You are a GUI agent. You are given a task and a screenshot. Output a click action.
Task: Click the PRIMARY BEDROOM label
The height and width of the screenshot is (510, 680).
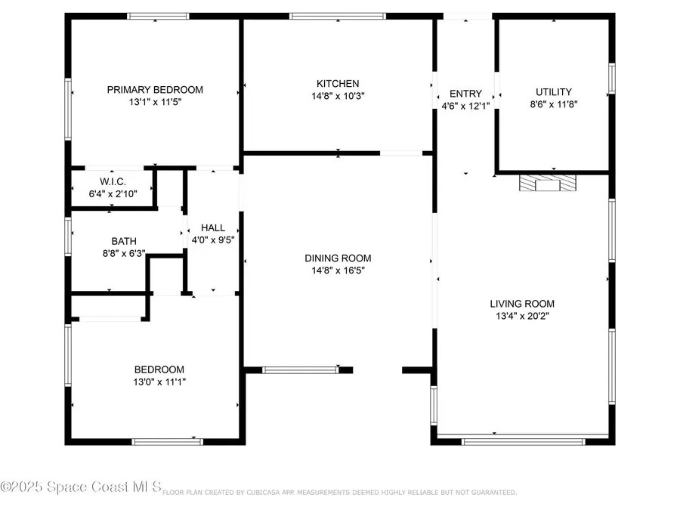click(x=155, y=89)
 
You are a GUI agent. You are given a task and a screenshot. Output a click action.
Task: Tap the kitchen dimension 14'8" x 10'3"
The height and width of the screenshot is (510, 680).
click(x=338, y=96)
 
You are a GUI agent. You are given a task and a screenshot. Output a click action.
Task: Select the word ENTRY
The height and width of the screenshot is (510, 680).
click(x=465, y=94)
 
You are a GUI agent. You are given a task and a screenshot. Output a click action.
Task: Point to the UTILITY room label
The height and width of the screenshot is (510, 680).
click(x=554, y=91)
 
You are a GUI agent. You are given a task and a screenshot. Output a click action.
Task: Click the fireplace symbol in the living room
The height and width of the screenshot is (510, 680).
click(x=547, y=184)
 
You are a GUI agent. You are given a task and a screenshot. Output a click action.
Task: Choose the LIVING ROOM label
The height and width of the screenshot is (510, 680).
click(x=522, y=304)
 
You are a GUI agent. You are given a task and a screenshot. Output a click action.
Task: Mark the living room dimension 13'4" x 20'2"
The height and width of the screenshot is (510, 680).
click(x=522, y=316)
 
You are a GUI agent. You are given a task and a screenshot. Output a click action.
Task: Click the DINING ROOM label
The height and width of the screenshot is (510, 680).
click(x=338, y=258)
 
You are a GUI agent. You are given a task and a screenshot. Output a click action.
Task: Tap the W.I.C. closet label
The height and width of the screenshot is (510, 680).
click(x=113, y=182)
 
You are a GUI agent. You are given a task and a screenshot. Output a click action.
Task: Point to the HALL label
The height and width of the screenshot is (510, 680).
click(x=213, y=227)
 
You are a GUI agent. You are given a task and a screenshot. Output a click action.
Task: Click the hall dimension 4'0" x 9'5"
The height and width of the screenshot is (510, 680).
click(x=213, y=240)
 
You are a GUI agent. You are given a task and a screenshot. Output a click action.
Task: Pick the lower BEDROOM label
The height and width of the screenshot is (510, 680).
click(x=159, y=369)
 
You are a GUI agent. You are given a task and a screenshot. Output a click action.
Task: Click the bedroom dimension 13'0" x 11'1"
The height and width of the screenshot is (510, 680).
click(x=159, y=382)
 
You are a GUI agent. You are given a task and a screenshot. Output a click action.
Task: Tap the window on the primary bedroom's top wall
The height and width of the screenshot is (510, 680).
click(x=158, y=16)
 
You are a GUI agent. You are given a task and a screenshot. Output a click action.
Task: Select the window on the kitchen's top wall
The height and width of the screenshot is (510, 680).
click(x=338, y=16)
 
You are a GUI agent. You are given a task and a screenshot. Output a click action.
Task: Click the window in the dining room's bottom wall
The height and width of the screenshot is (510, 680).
click(x=300, y=369)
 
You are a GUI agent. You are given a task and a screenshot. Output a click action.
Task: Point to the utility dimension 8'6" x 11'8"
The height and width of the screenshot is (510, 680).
click(x=554, y=104)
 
